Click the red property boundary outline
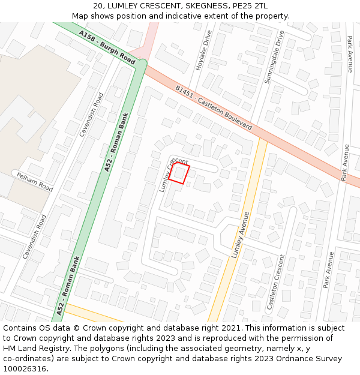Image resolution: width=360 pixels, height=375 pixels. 178,173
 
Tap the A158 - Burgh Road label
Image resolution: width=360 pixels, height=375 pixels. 107,49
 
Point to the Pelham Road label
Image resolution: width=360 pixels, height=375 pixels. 35,179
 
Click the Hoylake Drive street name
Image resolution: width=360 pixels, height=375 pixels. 204,50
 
